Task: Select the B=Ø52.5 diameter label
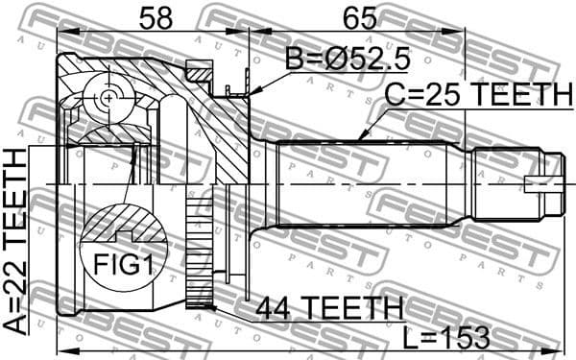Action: [348, 60]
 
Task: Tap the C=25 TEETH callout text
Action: [478, 94]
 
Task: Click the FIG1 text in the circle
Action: [122, 263]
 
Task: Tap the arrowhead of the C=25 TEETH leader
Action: [360, 139]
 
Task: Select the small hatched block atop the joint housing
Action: [199, 71]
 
